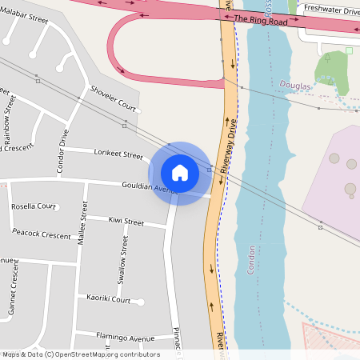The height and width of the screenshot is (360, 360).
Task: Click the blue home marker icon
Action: tap(180, 173)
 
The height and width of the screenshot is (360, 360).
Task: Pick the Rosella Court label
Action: tap(34, 206)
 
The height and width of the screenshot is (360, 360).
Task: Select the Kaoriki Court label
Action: tap(108, 299)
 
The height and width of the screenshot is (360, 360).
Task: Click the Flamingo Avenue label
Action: tap(125, 338)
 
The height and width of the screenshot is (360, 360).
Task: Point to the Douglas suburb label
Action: tap(294, 84)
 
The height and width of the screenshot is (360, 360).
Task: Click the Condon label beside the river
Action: tap(250, 260)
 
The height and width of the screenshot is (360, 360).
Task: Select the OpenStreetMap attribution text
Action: tap(81, 354)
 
